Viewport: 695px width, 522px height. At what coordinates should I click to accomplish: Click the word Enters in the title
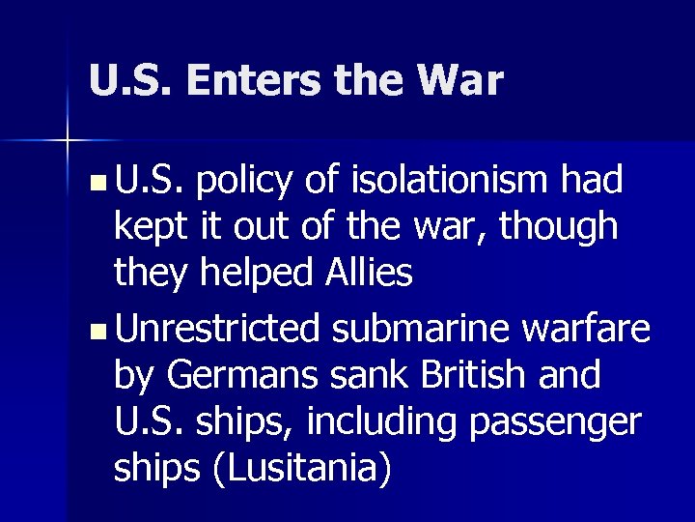point(256,81)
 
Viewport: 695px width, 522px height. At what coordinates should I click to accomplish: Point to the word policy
point(250,181)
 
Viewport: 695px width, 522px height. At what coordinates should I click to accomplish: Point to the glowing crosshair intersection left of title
point(69,142)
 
